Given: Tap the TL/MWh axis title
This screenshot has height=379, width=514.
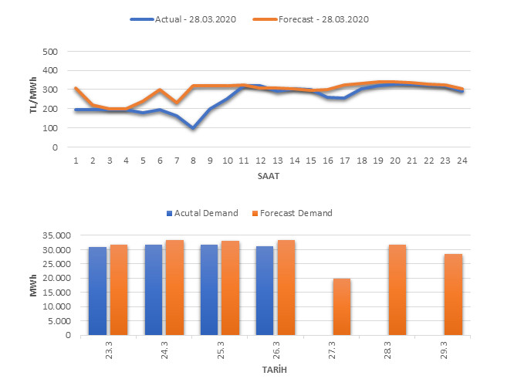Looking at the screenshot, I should (33, 100).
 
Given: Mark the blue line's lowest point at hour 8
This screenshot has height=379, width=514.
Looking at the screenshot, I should (192, 127).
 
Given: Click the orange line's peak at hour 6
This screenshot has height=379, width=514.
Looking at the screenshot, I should (159, 90).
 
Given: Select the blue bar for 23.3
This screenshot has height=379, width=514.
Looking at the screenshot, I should (98, 291).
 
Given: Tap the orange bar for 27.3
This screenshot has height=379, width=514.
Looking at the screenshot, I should (342, 306).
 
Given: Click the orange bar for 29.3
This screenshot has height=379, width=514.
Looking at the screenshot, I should (453, 294).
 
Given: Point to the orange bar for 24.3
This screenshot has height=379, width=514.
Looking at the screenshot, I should (174, 287).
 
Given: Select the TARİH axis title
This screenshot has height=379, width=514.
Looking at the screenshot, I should (275, 370).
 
